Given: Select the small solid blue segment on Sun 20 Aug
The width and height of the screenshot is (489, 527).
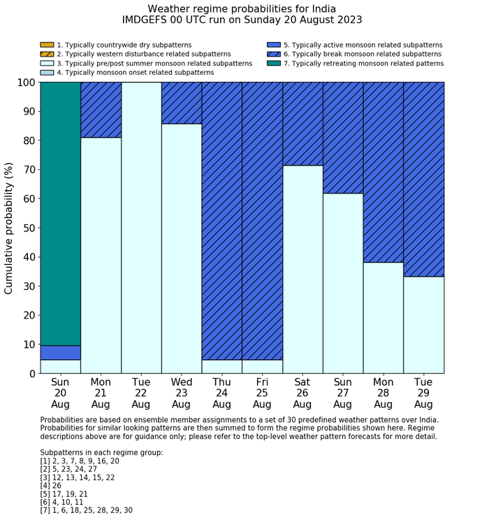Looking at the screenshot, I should click(60, 352).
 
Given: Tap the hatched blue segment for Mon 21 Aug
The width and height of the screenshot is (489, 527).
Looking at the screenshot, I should click(101, 110).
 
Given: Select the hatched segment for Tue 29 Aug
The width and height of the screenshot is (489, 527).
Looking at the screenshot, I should click(424, 179).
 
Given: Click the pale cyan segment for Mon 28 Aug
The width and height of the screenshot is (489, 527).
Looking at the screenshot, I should click(384, 317).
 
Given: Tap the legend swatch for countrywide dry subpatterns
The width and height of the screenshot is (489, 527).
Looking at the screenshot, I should click(47, 45).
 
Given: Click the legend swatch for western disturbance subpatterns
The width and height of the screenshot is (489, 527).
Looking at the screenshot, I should click(47, 55).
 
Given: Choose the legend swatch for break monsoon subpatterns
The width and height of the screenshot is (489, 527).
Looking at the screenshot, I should click(274, 55).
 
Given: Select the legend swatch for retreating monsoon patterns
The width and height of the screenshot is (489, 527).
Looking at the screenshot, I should click(274, 64).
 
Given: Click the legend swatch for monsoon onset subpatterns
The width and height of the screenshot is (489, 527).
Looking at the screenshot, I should click(47, 73).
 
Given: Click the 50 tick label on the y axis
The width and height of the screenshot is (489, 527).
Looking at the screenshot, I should click(29, 228).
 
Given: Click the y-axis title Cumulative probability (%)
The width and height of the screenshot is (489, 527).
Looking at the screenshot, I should click(9, 228).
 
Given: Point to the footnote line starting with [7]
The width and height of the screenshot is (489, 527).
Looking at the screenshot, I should click(87, 510).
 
